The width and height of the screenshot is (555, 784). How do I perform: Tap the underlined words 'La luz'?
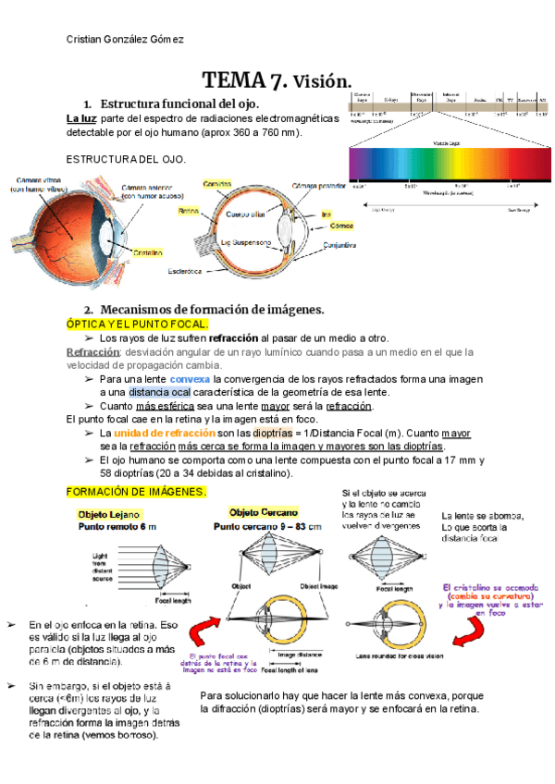click(x=82, y=119)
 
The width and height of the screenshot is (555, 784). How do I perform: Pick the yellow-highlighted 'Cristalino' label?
click(x=149, y=251)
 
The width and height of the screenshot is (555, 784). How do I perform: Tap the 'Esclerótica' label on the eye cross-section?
click(x=191, y=272)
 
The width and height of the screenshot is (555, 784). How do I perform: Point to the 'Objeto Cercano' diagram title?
click(x=264, y=511)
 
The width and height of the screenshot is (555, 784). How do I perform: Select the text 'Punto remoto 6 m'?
click(x=117, y=525)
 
